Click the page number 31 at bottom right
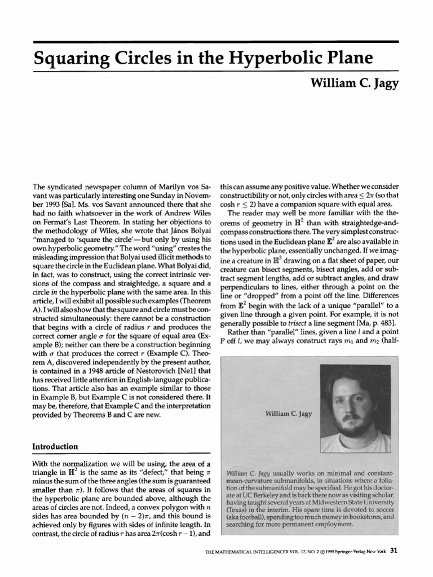click(394, 566)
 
